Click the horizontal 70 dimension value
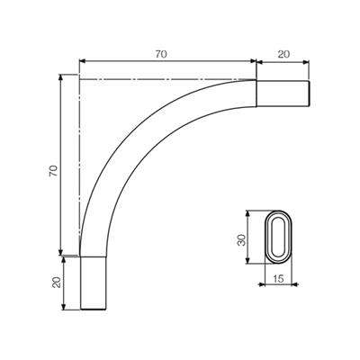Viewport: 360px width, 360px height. [x=161, y=54]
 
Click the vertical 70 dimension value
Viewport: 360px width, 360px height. [x=53, y=171]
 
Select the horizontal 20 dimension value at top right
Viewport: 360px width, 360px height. [x=283, y=54]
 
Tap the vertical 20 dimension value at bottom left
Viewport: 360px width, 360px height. [x=57, y=283]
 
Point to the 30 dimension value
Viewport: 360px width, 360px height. [x=241, y=240]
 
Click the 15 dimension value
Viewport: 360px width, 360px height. [x=278, y=279]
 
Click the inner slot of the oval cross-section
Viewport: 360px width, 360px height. [x=278, y=237]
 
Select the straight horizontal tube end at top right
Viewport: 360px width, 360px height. [x=283, y=94]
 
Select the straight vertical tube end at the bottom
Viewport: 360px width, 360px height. [x=94, y=283]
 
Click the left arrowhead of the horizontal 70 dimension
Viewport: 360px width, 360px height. [x=82, y=61]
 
